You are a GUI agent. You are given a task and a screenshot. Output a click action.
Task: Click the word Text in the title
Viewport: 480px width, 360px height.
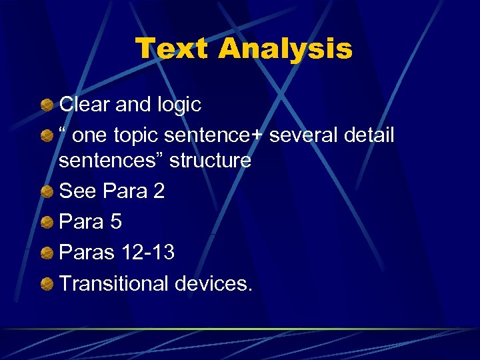[171, 49]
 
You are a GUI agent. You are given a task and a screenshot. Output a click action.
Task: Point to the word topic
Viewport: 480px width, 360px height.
[136, 136]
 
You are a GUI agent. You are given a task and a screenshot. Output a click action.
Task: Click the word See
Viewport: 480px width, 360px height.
[78, 191]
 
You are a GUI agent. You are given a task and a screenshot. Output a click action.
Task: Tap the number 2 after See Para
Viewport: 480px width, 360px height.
[159, 191]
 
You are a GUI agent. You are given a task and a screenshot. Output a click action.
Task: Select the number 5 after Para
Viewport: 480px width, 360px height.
[116, 222]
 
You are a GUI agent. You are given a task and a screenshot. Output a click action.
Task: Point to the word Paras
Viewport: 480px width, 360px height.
[87, 253]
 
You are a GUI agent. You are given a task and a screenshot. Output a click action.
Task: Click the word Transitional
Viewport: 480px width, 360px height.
[114, 283]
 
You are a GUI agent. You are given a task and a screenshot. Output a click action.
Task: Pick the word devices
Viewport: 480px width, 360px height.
[213, 283]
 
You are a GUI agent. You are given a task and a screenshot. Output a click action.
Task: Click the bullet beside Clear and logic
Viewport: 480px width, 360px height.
[47, 105]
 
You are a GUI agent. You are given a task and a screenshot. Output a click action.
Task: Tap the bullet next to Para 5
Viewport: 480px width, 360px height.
[47, 223]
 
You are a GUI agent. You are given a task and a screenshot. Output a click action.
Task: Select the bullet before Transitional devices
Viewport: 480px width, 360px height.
[47, 284]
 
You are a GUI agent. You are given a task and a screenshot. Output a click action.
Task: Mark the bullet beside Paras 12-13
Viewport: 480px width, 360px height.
[47, 253]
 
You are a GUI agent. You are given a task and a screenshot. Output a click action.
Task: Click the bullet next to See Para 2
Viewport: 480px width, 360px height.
[47, 192]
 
